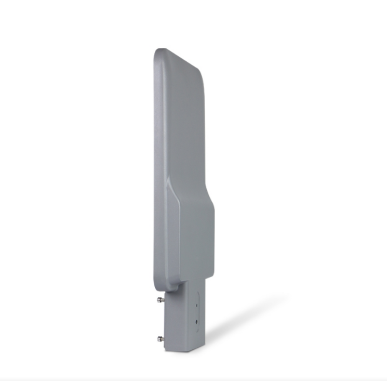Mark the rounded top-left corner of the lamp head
click(x=158, y=52)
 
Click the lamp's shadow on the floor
click(x=244, y=322)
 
